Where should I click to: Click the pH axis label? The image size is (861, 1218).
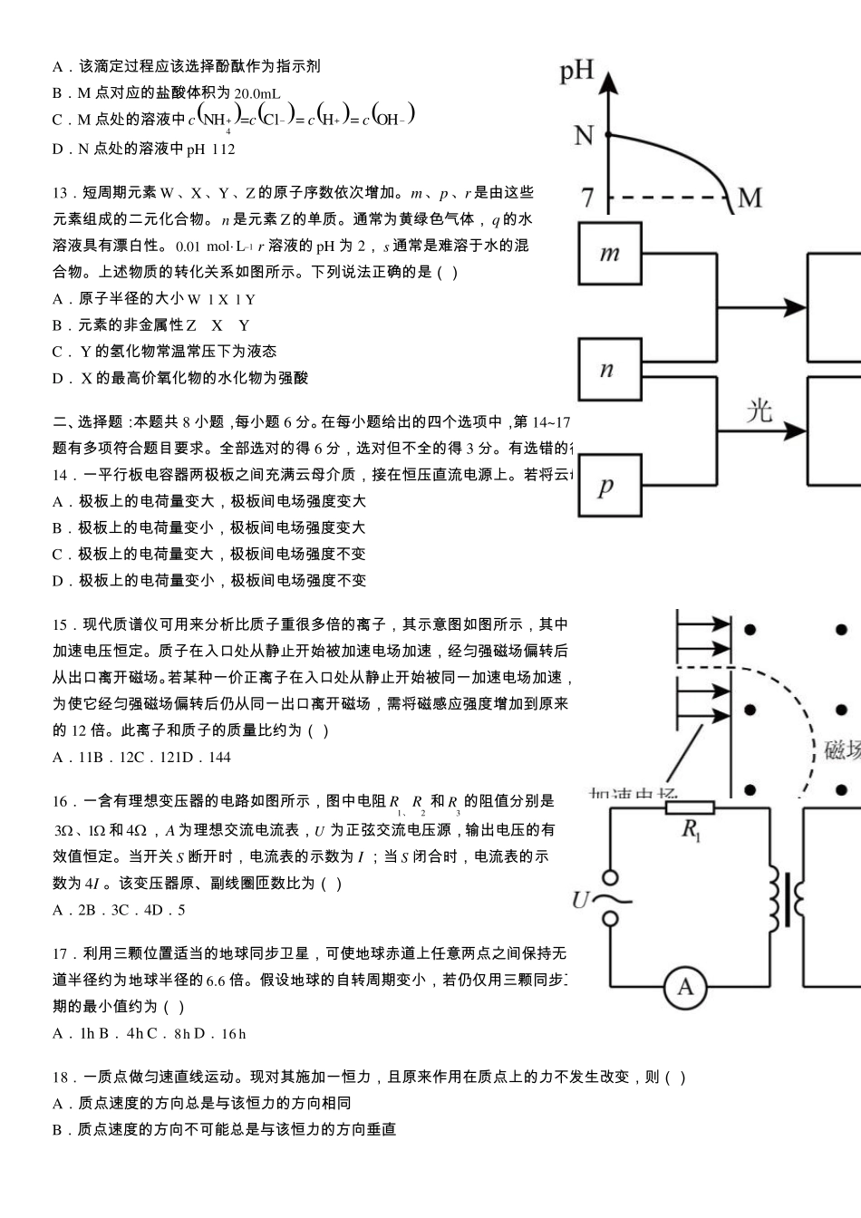point(576,70)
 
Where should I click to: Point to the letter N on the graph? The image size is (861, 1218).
point(584,136)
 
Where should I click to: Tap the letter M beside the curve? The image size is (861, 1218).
point(750,197)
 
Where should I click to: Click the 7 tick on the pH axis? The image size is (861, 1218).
point(587,197)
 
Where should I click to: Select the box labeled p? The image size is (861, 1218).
point(610,487)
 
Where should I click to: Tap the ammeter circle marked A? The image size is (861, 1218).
point(685,987)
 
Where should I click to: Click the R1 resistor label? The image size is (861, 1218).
point(691,829)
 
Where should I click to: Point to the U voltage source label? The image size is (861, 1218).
point(581,900)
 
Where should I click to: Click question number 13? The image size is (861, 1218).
point(61,193)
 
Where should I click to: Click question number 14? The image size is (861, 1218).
point(61,475)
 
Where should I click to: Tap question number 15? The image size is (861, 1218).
point(61,624)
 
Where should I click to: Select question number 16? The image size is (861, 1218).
point(61,801)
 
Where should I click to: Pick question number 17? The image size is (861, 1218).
point(61,953)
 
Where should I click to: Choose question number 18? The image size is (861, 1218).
point(61,1078)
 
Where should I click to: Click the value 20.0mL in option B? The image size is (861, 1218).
point(257,93)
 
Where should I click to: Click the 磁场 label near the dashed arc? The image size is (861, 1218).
point(842,750)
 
